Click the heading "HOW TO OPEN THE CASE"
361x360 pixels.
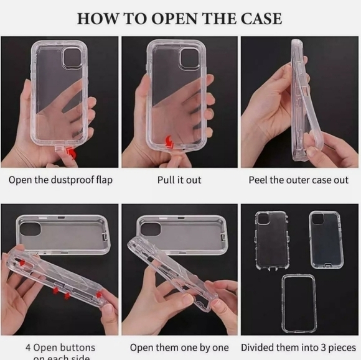[179, 18]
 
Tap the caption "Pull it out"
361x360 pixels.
[179, 180]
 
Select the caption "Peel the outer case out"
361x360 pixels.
[299, 180]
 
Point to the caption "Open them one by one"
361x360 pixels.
[179, 347]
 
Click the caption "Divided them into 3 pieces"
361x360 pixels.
[299, 347]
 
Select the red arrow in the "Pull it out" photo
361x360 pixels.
[167, 143]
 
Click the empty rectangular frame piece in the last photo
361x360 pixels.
[298, 303]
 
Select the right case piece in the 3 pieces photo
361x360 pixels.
[324, 239]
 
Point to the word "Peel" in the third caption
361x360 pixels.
[260, 180]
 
